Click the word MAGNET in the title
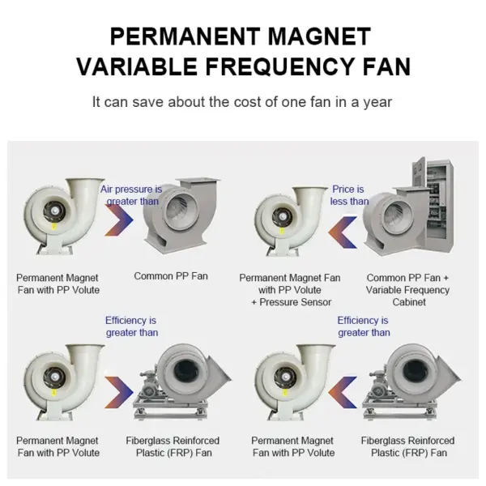click(319, 36)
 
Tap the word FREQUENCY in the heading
click(279, 66)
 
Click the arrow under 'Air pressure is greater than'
click(119, 220)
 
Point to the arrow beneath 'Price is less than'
click(343, 232)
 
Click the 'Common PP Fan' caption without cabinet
click(171, 276)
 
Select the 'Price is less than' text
click(349, 195)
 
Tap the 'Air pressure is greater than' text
click(131, 195)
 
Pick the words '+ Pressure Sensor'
click(292, 302)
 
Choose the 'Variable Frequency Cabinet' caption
click(408, 296)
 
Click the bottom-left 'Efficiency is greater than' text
click(131, 326)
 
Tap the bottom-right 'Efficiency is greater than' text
click(364, 326)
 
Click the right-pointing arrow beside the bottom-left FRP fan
click(119, 392)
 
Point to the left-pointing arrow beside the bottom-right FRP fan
click(343, 392)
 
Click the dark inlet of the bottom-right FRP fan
click(416, 371)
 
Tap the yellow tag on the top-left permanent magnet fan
click(54, 227)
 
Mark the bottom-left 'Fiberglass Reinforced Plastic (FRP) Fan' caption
click(173, 446)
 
